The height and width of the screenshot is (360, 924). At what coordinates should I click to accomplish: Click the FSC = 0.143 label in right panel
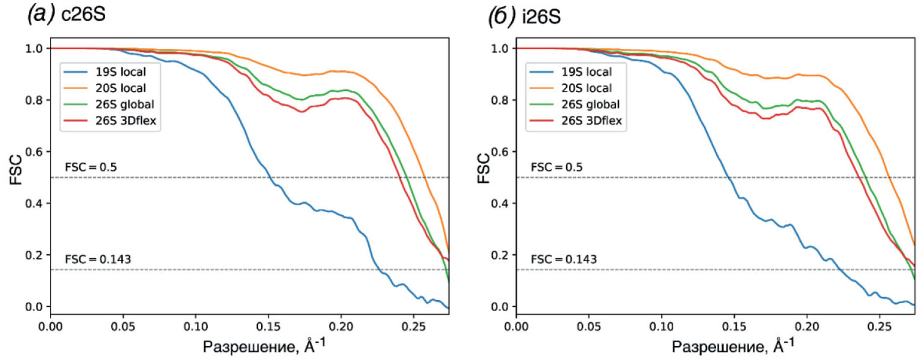tap(564, 259)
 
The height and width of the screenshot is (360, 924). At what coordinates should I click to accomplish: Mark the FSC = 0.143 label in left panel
tap(98, 259)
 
